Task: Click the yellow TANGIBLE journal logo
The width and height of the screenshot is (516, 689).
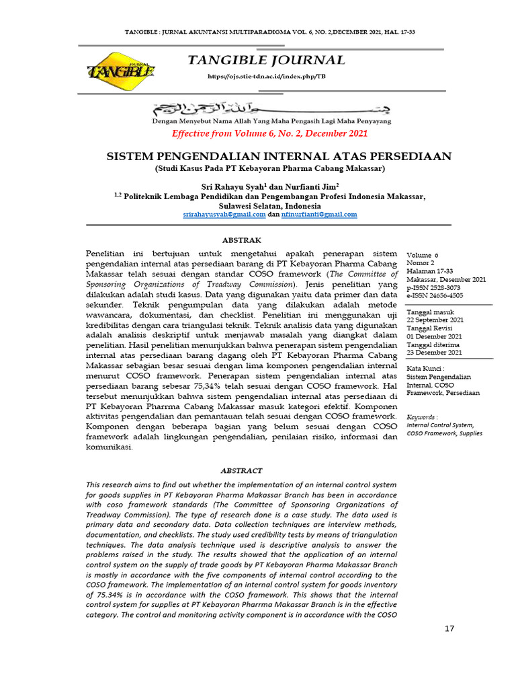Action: tap(121, 69)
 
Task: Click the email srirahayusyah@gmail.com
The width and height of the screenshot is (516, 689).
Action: tap(224, 214)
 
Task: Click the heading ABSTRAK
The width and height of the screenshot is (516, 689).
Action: tap(242, 240)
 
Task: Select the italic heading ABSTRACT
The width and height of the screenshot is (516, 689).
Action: tap(242, 470)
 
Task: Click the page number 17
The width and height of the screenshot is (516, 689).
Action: tap(450, 628)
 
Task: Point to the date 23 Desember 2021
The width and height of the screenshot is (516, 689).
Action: tap(435, 352)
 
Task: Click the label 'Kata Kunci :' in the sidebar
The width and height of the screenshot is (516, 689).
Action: tap(426, 369)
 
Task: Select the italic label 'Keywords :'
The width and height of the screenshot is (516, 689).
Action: tap(423, 417)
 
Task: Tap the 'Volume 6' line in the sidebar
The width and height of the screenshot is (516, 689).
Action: tap(423, 256)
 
